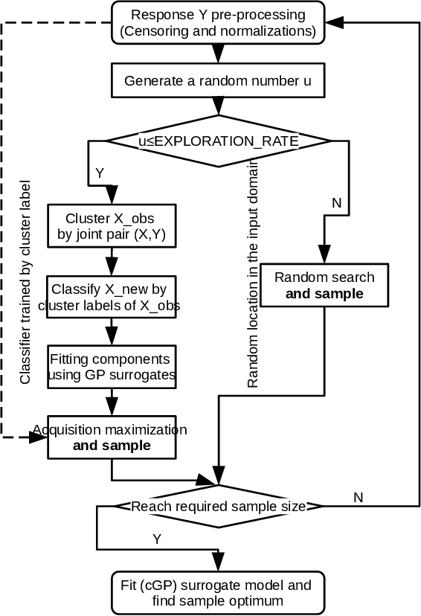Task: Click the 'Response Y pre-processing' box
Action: [x=217, y=23]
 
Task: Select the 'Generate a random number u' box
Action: [x=217, y=80]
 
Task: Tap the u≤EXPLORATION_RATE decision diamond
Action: [x=217, y=141]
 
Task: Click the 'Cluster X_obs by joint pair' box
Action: [x=111, y=227]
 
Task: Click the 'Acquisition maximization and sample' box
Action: [x=111, y=437]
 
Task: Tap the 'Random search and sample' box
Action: [x=324, y=286]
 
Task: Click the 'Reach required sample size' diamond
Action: [x=217, y=507]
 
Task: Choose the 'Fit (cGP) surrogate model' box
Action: [x=217, y=591]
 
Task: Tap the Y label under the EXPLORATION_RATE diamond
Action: [x=100, y=173]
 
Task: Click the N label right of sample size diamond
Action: [x=359, y=497]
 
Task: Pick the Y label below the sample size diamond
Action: [x=156, y=537]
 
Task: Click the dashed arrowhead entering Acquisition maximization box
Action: [x=39, y=438]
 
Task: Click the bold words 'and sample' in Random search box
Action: [x=324, y=294]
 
